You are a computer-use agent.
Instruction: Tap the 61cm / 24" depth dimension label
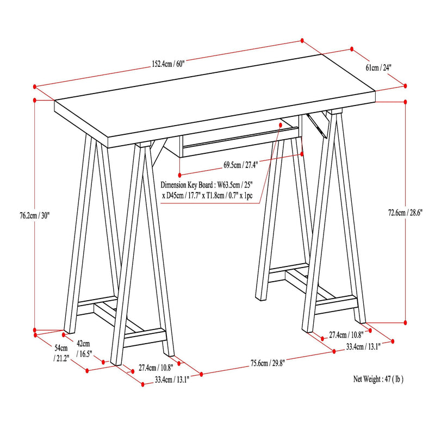click(378, 68)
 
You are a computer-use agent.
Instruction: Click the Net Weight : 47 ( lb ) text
click(378, 379)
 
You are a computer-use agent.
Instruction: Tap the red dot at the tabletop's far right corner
click(406, 85)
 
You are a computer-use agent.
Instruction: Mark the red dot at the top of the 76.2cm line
click(35, 100)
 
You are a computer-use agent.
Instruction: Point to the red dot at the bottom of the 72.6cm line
click(406, 322)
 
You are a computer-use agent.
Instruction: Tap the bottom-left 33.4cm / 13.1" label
click(172, 380)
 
